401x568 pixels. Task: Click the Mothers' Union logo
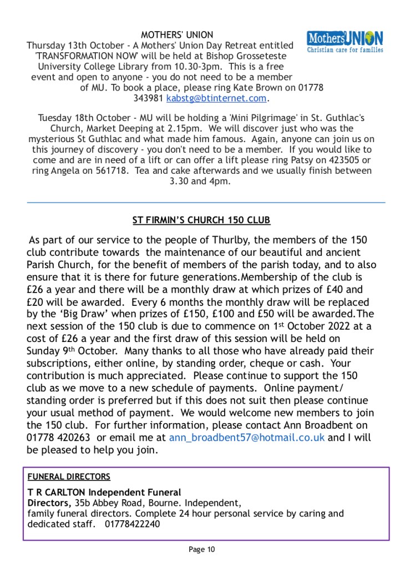344,41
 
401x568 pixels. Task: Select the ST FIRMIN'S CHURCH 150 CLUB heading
201,220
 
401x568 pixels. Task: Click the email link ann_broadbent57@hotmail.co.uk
247,438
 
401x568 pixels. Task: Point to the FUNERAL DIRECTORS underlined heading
69,476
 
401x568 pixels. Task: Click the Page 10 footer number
201,550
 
